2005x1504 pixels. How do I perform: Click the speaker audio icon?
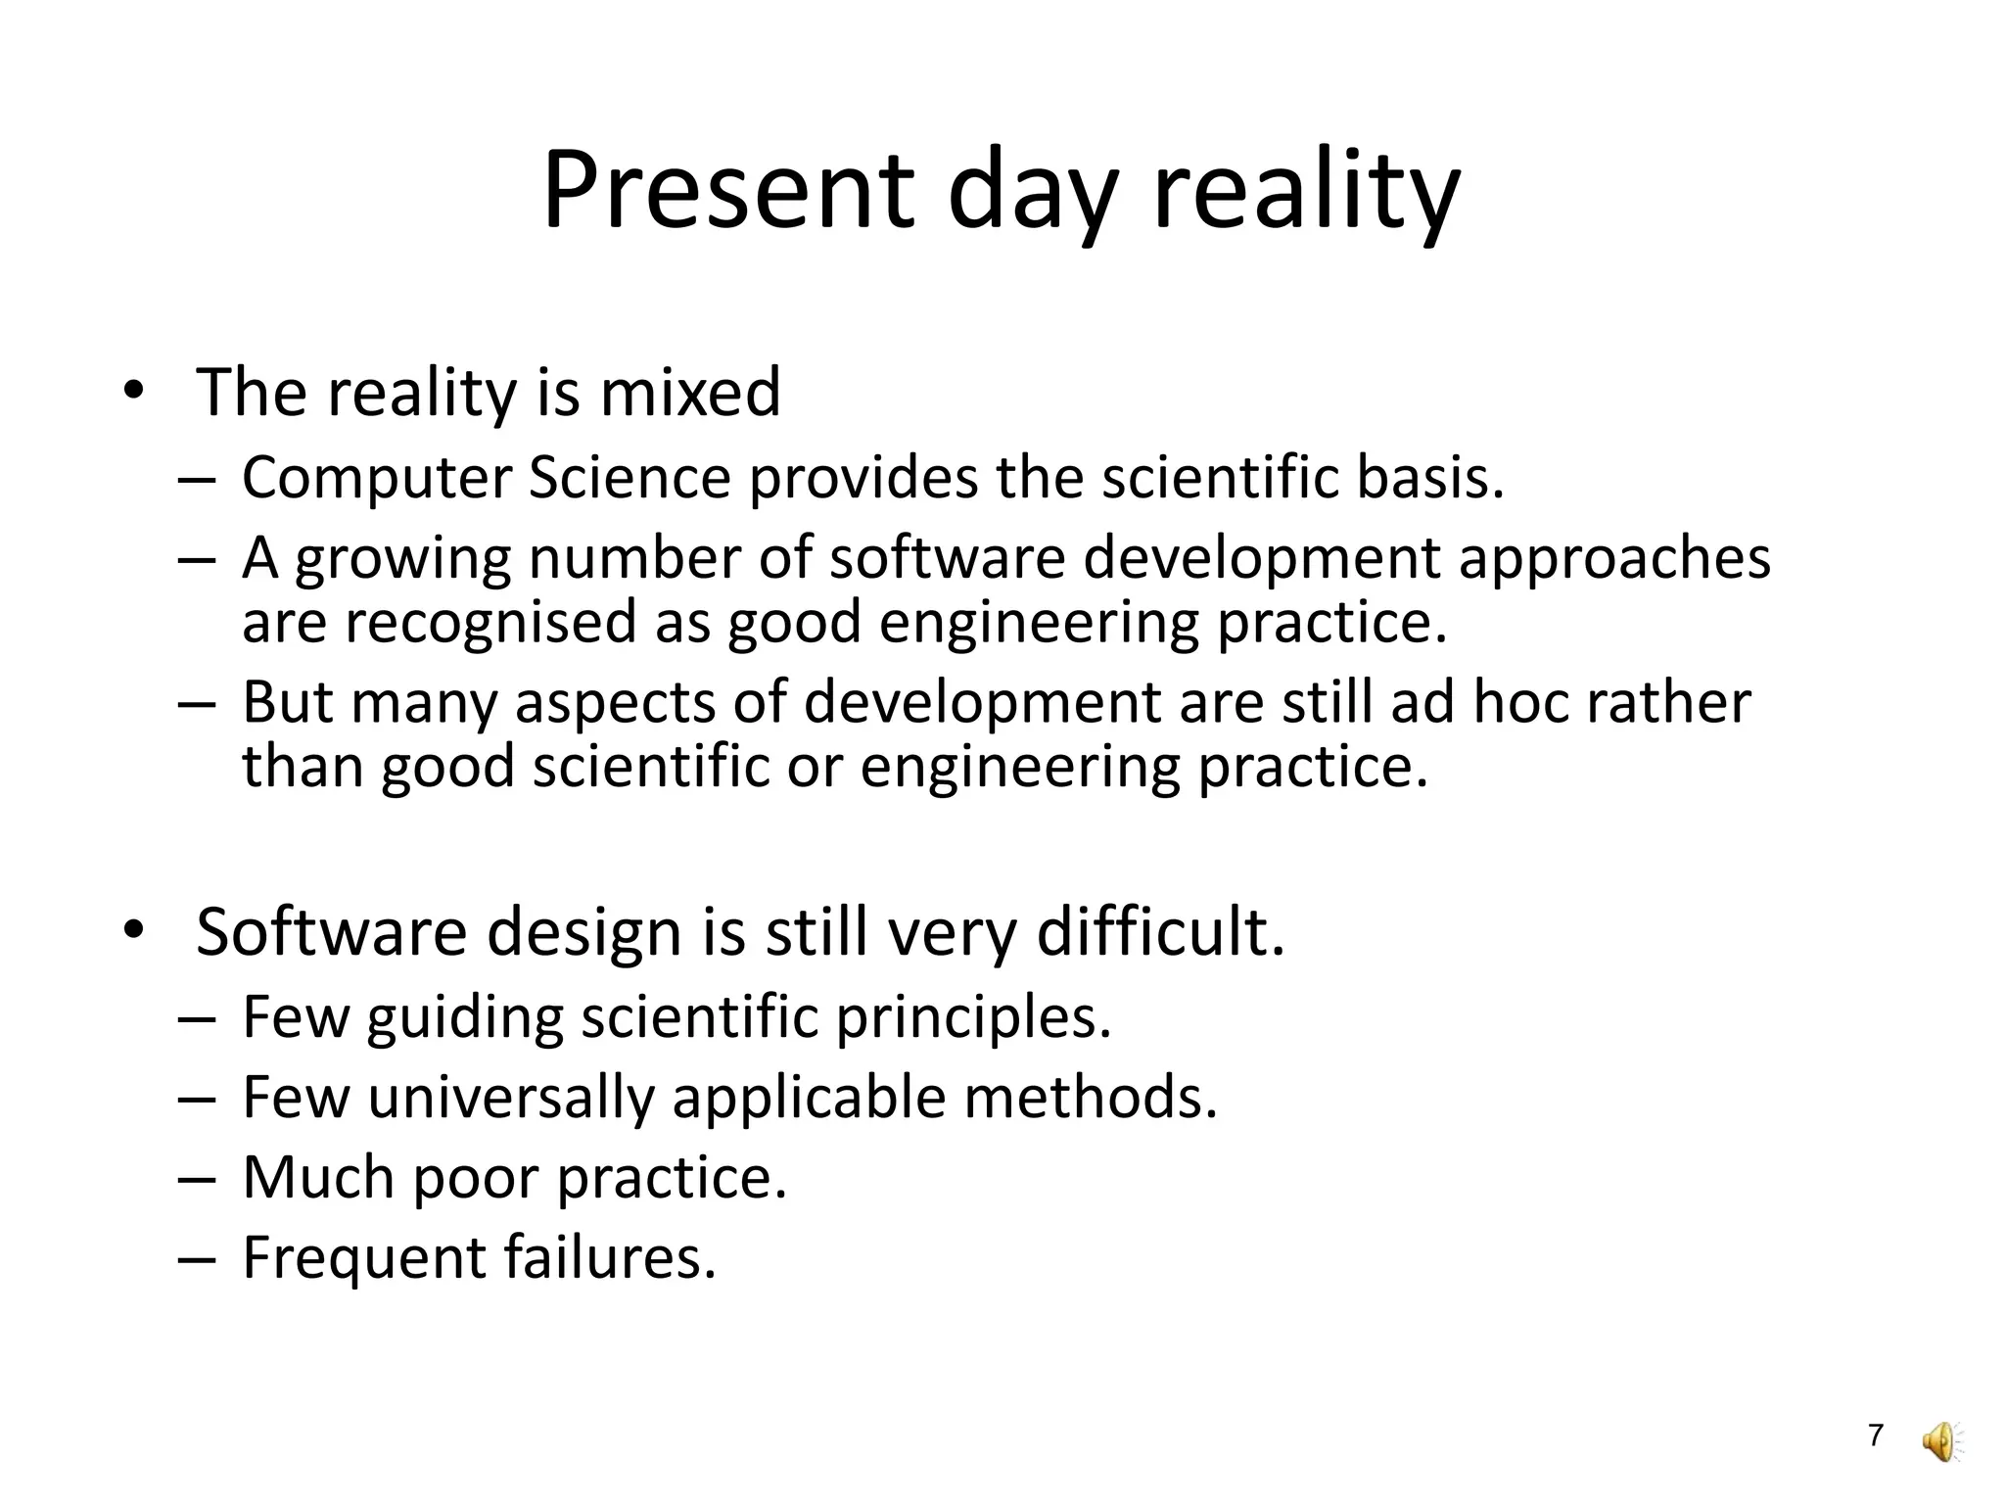1941,1441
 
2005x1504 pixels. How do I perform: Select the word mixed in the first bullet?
690,392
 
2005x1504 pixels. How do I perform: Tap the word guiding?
465,1018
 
